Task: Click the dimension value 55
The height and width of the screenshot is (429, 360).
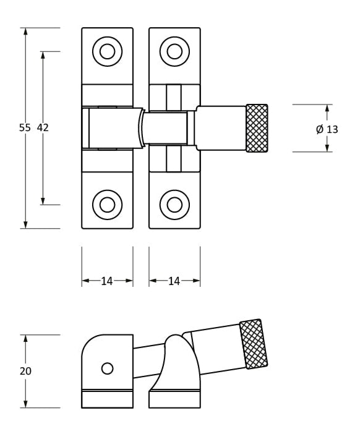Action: click(x=25, y=128)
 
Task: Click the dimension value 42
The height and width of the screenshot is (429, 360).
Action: click(x=43, y=128)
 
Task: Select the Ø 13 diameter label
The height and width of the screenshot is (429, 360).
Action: click(x=327, y=129)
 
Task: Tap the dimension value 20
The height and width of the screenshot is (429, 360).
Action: click(x=25, y=372)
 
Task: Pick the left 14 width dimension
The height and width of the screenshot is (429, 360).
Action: click(x=107, y=281)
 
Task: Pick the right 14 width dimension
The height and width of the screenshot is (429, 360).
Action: click(x=174, y=281)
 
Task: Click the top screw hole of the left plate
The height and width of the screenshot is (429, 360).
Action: click(x=107, y=51)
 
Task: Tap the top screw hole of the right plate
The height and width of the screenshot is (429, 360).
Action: click(x=174, y=51)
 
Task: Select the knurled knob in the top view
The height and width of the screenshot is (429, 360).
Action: click(x=257, y=128)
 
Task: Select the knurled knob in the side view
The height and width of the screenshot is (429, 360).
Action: click(x=254, y=344)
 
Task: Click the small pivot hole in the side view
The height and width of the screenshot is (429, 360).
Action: click(x=107, y=368)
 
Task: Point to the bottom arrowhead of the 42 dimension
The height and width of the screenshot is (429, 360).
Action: click(x=43, y=200)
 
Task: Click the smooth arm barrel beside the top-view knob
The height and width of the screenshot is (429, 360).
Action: click(x=221, y=128)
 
